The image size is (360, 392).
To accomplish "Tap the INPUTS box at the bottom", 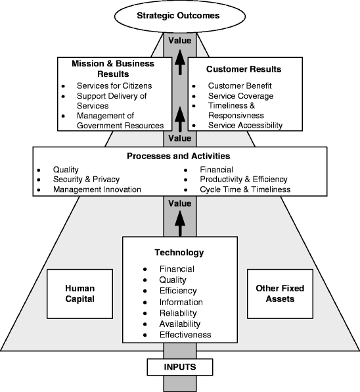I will click(x=179, y=365).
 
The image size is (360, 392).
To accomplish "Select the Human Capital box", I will click(x=80, y=293).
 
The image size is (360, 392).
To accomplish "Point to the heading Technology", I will click(x=179, y=253).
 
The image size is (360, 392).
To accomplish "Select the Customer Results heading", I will click(x=244, y=69).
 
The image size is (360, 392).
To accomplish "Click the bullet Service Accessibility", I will click(x=245, y=125).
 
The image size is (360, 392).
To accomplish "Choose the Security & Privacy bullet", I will click(x=87, y=180).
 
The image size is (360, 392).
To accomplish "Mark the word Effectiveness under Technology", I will click(x=185, y=335).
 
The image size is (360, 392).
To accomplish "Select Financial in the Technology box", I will click(x=177, y=268).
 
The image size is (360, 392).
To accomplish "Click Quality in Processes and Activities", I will click(x=66, y=169).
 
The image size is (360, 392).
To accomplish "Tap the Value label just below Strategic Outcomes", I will click(x=179, y=40).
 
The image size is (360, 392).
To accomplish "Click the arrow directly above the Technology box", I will click(x=179, y=222).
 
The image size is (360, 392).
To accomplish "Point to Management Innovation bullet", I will click(x=97, y=189).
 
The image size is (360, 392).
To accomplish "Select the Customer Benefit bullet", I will click(x=240, y=86).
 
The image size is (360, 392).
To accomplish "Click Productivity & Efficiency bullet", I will click(x=244, y=180).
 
